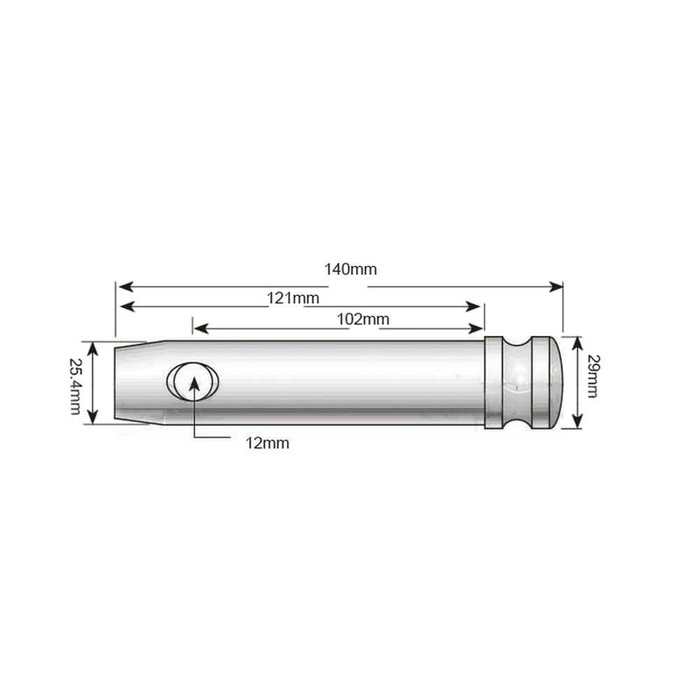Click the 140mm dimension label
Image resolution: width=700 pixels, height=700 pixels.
(351, 269)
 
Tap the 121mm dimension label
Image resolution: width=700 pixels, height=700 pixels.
(293, 298)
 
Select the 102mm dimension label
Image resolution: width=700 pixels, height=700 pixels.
(363, 320)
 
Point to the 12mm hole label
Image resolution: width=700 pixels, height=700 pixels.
(267, 443)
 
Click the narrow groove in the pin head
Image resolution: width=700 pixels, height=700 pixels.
(518, 383)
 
